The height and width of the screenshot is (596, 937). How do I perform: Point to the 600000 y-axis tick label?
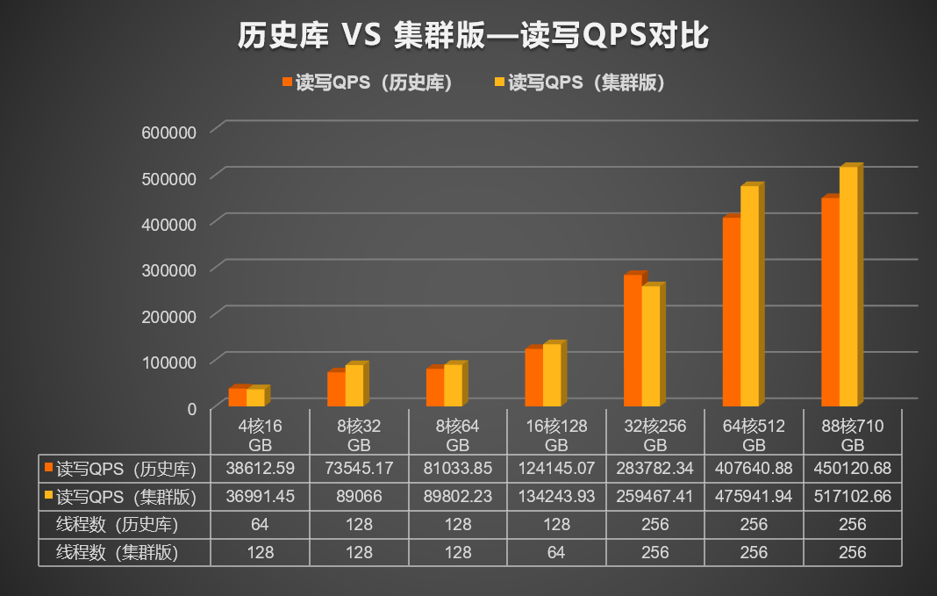tap(168, 132)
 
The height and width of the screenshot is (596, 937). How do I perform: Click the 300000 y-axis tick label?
tap(168, 269)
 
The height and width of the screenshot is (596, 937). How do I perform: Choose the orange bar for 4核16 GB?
tap(237, 397)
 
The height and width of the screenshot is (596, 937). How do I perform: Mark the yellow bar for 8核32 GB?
tap(354, 385)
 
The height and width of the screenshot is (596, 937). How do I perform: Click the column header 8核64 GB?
tap(458, 434)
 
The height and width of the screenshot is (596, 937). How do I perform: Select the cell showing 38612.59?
tap(260, 468)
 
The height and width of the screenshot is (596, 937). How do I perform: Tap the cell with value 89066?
tap(359, 496)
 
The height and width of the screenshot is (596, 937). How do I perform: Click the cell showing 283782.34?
tap(655, 468)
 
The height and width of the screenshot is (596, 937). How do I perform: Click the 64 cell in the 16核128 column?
tap(556, 552)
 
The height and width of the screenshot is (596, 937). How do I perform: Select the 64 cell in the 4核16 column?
tap(260, 524)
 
